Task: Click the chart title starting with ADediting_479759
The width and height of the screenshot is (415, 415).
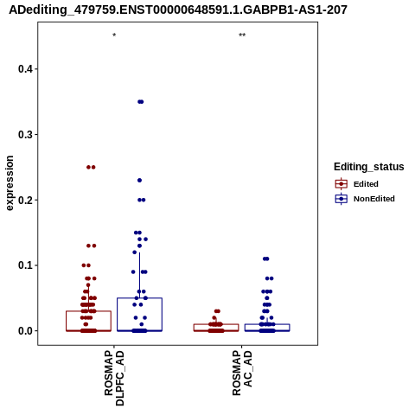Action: click(x=178, y=10)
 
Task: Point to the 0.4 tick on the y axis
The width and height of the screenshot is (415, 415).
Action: click(x=24, y=69)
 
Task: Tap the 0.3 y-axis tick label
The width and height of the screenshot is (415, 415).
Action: click(x=24, y=135)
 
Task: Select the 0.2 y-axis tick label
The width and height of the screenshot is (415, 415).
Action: click(x=24, y=200)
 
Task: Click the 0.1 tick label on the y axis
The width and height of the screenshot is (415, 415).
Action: click(x=24, y=265)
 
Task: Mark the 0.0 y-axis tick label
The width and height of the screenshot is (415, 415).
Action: click(x=24, y=331)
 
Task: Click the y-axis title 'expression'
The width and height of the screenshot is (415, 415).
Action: click(x=10, y=183)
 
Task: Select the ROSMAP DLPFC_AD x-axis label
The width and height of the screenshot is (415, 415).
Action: click(x=114, y=378)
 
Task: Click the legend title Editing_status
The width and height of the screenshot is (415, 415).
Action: click(x=369, y=167)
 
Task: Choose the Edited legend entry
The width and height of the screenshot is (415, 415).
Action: click(x=357, y=184)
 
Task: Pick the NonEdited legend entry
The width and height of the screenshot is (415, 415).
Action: click(x=365, y=199)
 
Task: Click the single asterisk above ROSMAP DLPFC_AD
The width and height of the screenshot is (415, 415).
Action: click(x=114, y=35)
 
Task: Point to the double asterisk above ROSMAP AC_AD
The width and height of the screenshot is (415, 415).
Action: click(x=242, y=35)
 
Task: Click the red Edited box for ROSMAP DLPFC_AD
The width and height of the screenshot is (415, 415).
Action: click(x=88, y=311)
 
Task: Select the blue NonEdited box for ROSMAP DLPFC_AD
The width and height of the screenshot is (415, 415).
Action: click(x=139, y=298)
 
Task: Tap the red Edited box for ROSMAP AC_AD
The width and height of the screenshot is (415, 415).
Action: click(x=216, y=324)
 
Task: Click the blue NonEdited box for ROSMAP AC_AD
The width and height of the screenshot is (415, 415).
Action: click(x=267, y=324)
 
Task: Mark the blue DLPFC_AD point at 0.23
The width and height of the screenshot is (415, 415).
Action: click(x=139, y=181)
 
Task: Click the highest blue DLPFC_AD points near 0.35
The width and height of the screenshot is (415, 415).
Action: click(x=140, y=102)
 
